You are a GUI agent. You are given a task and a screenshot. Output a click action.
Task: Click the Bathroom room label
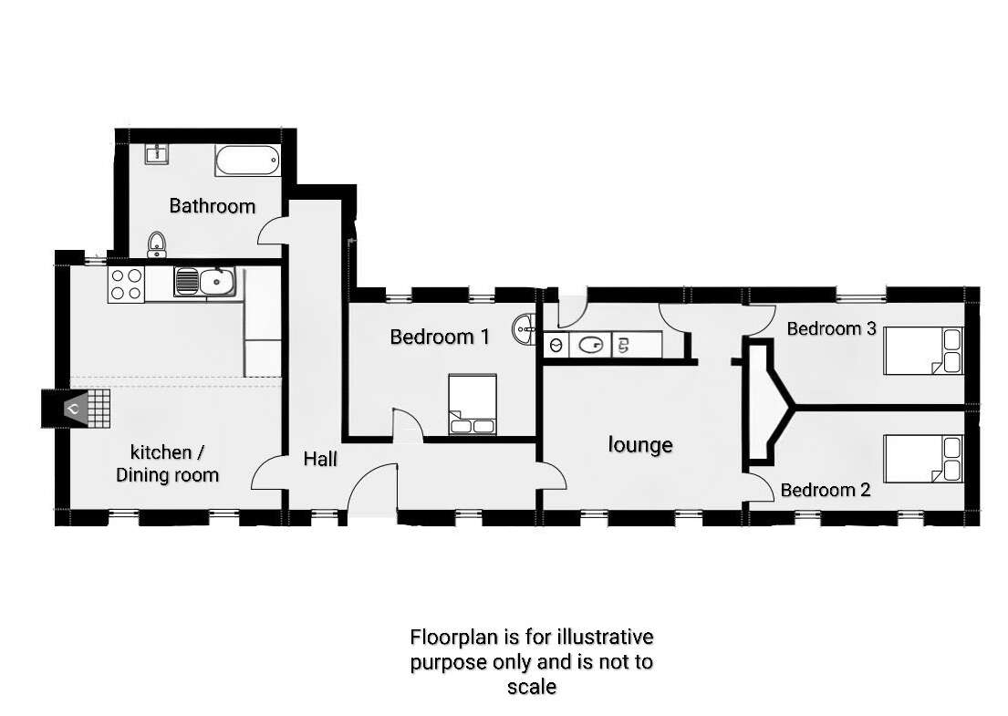[213, 205]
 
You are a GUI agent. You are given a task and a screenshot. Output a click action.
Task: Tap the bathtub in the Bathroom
[247, 161]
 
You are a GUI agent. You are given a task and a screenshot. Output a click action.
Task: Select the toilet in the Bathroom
[156, 244]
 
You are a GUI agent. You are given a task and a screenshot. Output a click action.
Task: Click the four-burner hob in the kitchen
[126, 284]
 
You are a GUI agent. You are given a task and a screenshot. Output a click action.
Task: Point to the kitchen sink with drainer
[204, 282]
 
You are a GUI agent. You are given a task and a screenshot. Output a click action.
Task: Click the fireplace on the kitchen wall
[76, 408]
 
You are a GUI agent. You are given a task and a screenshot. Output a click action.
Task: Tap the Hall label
[320, 459]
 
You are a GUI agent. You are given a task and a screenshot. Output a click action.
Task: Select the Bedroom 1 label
[440, 337]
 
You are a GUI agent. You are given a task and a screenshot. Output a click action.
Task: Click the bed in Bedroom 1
[473, 404]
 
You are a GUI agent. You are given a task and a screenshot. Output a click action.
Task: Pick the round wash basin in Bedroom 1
[525, 329]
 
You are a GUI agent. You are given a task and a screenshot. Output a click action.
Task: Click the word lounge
[640, 445]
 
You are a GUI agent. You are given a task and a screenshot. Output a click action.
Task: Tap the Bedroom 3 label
[831, 328]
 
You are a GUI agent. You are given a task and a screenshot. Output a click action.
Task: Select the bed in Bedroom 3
[924, 350]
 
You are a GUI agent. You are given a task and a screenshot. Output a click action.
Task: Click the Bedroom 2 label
[826, 490]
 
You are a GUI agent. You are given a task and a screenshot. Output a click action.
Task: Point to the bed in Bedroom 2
[924, 459]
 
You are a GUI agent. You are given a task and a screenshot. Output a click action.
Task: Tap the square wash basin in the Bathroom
[156, 153]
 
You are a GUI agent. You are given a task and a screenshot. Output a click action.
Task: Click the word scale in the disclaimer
[532, 687]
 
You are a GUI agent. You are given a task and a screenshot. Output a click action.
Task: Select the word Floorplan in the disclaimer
[455, 637]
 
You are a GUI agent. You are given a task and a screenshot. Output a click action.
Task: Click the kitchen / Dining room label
[167, 463]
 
